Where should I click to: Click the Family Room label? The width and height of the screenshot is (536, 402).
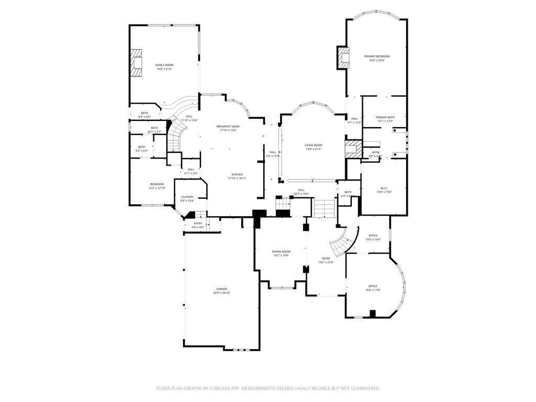(164, 65)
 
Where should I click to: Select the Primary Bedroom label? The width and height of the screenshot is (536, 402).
(377, 56)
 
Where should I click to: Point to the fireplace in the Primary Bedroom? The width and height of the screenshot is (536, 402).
(343, 58)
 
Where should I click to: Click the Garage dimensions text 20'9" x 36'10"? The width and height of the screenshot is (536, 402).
(221, 293)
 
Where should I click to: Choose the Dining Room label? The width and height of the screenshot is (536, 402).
(281, 252)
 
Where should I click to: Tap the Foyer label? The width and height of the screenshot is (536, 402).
(326, 259)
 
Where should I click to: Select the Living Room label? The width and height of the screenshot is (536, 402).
(314, 145)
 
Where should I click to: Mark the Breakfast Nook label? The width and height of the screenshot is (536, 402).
(228, 126)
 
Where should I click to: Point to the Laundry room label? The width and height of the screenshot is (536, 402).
(187, 197)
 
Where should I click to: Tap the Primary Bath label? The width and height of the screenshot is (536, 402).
(385, 117)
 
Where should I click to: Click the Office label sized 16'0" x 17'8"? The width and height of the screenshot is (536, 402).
(373, 286)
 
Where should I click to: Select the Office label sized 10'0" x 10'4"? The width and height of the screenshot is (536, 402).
(373, 236)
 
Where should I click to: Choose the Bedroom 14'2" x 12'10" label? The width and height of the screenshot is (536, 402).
(157, 184)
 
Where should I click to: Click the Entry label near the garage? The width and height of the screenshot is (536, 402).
(198, 224)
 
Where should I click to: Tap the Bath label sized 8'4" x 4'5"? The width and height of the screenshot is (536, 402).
(144, 113)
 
